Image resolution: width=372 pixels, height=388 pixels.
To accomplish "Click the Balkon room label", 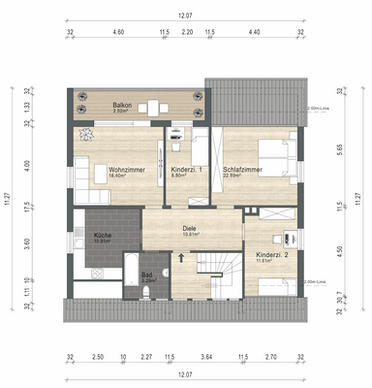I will pos(122,104).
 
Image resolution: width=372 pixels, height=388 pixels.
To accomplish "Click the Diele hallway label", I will pos(191,229).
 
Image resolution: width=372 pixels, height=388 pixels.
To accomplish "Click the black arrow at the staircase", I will pos(180,258).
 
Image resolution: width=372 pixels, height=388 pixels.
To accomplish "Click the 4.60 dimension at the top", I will pos(118,32).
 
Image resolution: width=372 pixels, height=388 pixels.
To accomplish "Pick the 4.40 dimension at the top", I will pos(255,32).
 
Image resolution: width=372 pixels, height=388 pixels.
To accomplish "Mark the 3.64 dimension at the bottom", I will pos(205,358).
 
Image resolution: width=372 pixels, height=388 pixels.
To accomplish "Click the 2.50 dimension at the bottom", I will pos(98,358).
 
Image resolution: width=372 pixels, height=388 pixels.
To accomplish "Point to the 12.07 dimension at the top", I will pos(186,15).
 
